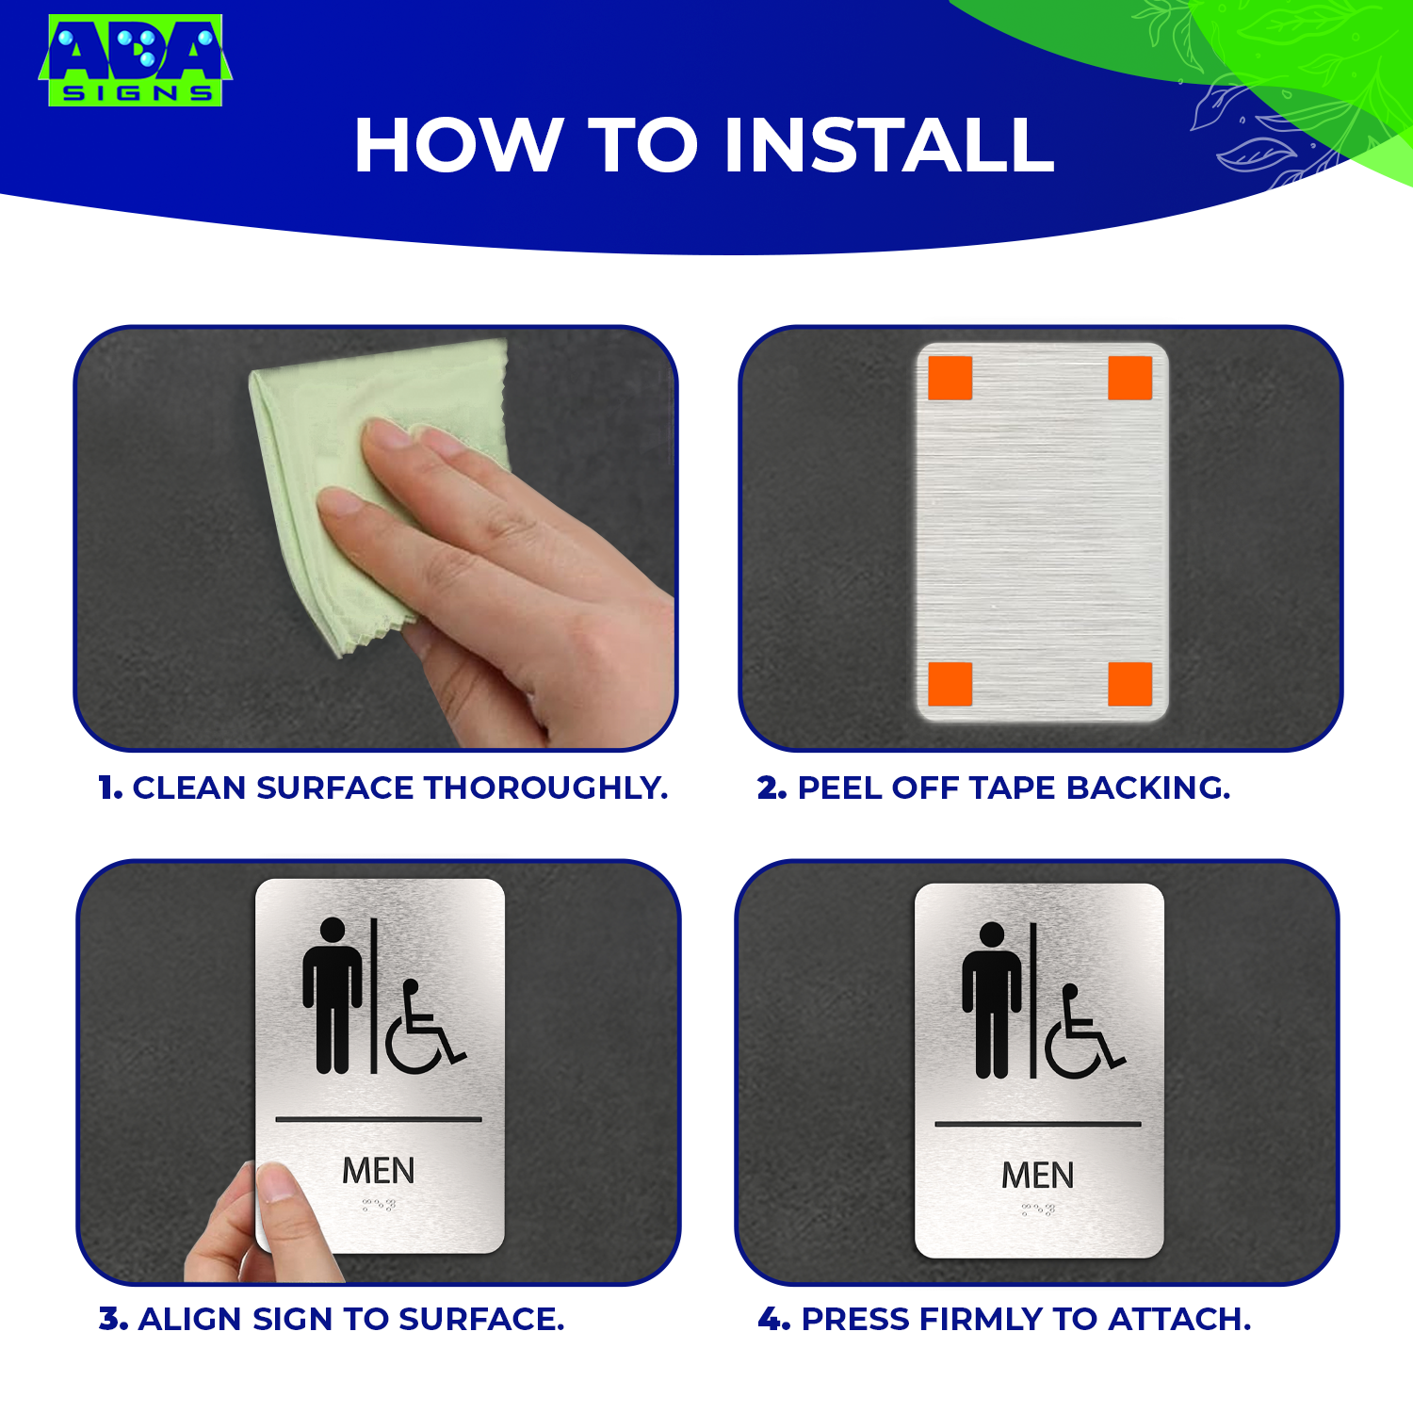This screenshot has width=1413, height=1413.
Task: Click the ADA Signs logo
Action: point(135,59)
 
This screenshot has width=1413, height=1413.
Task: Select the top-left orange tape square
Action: point(950,378)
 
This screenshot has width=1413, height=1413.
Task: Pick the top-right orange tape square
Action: point(1130,378)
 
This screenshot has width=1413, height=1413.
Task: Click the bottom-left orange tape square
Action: point(950,684)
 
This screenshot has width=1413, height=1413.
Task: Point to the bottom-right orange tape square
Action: point(1130,684)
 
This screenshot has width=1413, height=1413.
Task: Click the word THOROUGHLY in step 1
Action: point(545,788)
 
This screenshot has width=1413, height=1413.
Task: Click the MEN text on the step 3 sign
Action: point(379,1171)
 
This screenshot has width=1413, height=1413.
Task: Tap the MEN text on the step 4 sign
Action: point(1038,1176)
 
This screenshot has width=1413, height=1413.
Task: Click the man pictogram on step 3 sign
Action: point(333,996)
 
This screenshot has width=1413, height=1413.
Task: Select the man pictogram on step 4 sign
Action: point(992,1000)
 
